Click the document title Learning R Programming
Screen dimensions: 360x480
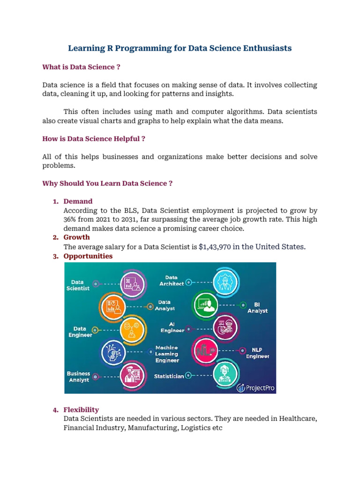click(x=180, y=48)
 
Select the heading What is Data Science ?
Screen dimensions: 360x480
click(x=81, y=67)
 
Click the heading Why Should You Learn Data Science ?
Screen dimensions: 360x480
click(x=107, y=183)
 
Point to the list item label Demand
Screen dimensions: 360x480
click(x=78, y=201)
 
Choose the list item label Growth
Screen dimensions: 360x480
click(x=76, y=237)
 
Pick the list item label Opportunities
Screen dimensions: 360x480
click(x=88, y=256)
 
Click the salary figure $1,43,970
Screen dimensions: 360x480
click(x=215, y=247)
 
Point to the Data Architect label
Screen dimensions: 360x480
click(x=171, y=281)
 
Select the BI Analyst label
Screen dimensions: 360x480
click(x=257, y=307)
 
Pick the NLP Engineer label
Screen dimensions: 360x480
click(x=258, y=353)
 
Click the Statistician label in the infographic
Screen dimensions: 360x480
click(x=169, y=376)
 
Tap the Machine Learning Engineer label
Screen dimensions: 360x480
click(x=167, y=354)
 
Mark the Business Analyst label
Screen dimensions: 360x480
click(x=78, y=377)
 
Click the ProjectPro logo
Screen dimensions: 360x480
click(x=256, y=387)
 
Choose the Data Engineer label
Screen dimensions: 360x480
click(x=80, y=332)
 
